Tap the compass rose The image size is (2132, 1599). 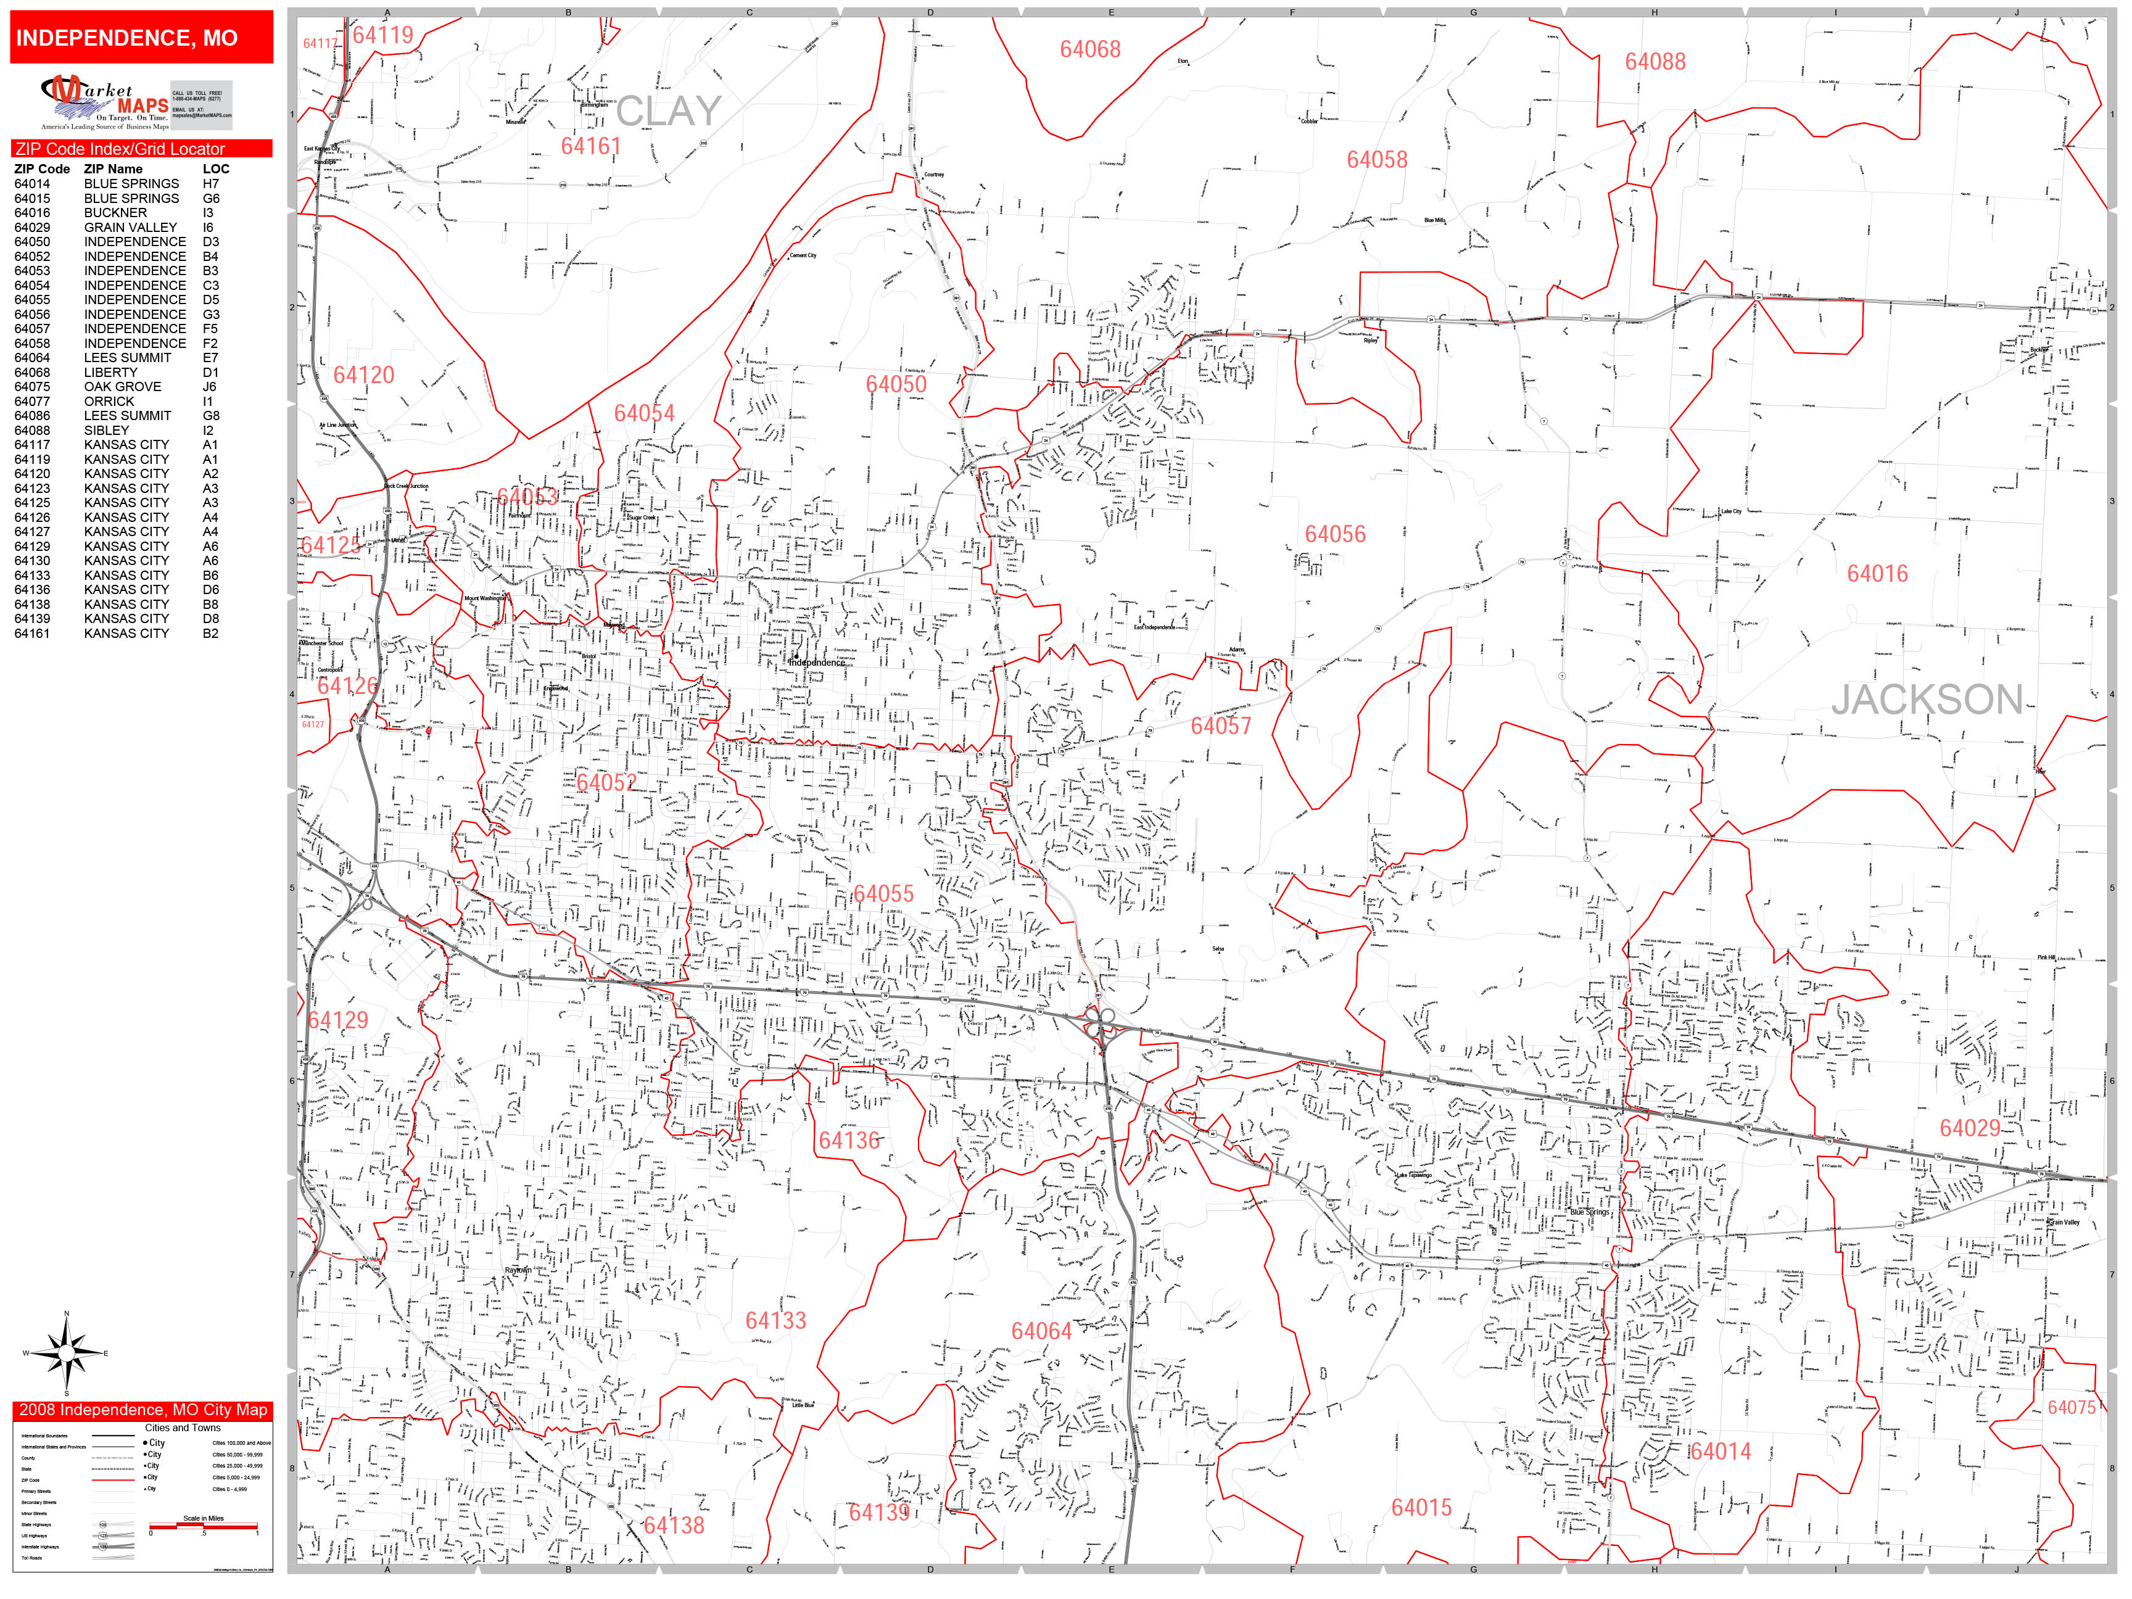click(65, 1353)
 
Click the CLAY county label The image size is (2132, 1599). click(668, 112)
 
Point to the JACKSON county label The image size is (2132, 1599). click(1927, 700)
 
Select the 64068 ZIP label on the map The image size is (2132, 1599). click(1090, 49)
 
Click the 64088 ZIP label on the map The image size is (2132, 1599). click(1655, 62)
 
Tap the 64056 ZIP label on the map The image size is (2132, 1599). click(1335, 534)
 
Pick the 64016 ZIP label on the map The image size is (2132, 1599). click(1877, 574)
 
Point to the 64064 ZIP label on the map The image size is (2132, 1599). click(1041, 1331)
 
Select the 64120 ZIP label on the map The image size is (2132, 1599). click(363, 375)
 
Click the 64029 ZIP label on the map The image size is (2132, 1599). click(1969, 1128)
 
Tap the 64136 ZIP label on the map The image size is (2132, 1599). click(848, 1140)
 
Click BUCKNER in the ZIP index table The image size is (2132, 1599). click(115, 213)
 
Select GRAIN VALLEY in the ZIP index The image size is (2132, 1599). click(130, 228)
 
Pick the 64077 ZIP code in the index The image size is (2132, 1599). click(32, 401)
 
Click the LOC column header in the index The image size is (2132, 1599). click(216, 168)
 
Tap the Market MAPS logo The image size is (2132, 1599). click(135, 103)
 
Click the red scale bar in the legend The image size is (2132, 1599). click(204, 1526)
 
